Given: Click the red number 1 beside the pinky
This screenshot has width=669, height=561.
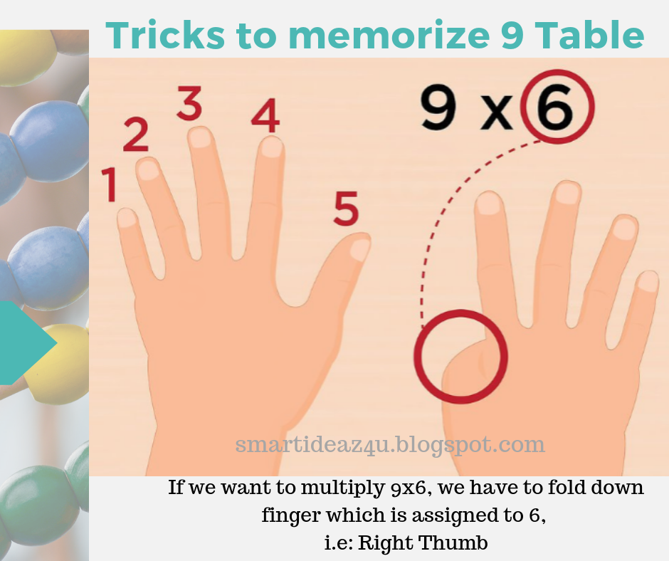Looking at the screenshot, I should coord(109,184).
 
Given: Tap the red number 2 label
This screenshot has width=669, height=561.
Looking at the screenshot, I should coord(136,135).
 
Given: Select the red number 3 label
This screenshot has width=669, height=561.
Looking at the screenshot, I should coord(189,105).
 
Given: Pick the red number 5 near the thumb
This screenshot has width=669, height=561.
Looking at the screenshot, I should coord(346,209).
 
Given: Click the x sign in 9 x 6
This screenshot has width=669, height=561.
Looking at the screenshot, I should coord(496,114).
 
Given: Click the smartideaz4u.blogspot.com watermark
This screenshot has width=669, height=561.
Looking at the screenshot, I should coord(390,445).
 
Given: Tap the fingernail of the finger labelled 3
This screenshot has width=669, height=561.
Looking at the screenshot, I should coord(201,137).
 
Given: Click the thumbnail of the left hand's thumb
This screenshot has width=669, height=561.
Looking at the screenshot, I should coord(360,249).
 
